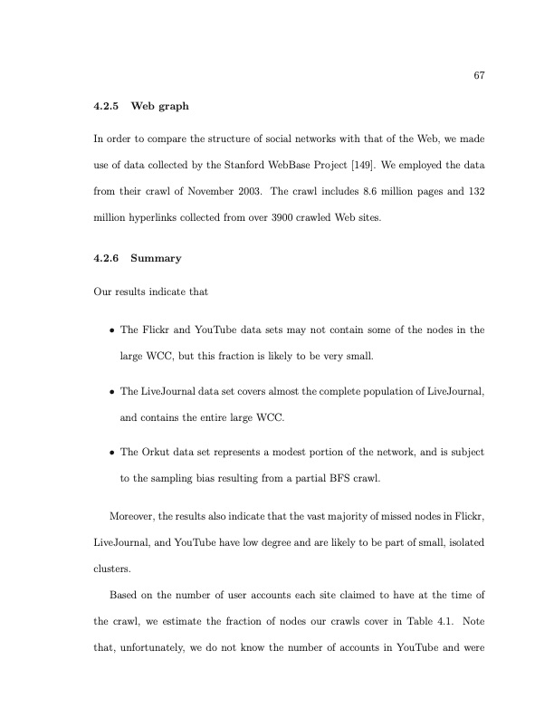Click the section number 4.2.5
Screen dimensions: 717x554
pos(107,107)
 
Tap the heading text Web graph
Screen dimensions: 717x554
pos(160,107)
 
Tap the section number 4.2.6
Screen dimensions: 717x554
pos(107,258)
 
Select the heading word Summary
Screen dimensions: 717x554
pos(157,258)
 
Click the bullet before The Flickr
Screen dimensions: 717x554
pos(110,330)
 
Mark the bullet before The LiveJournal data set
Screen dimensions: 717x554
pos(110,393)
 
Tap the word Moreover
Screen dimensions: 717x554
pos(131,516)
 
